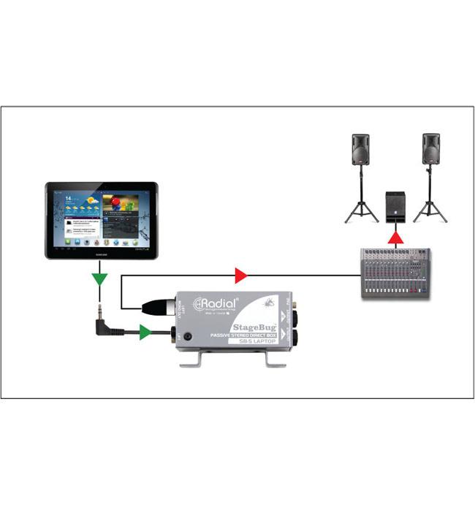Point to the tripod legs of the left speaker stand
point(361,208)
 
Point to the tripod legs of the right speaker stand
point(430,208)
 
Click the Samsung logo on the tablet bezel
point(101,253)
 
